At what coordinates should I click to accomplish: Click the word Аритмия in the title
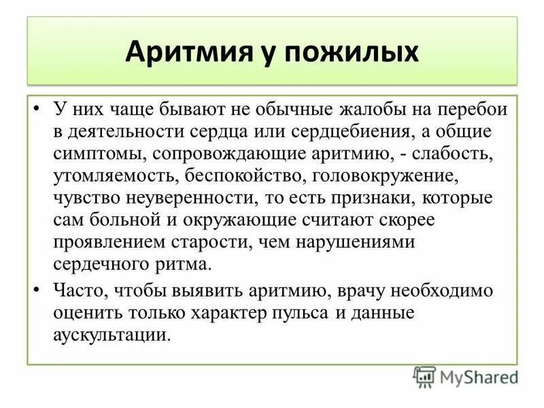click(182, 53)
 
